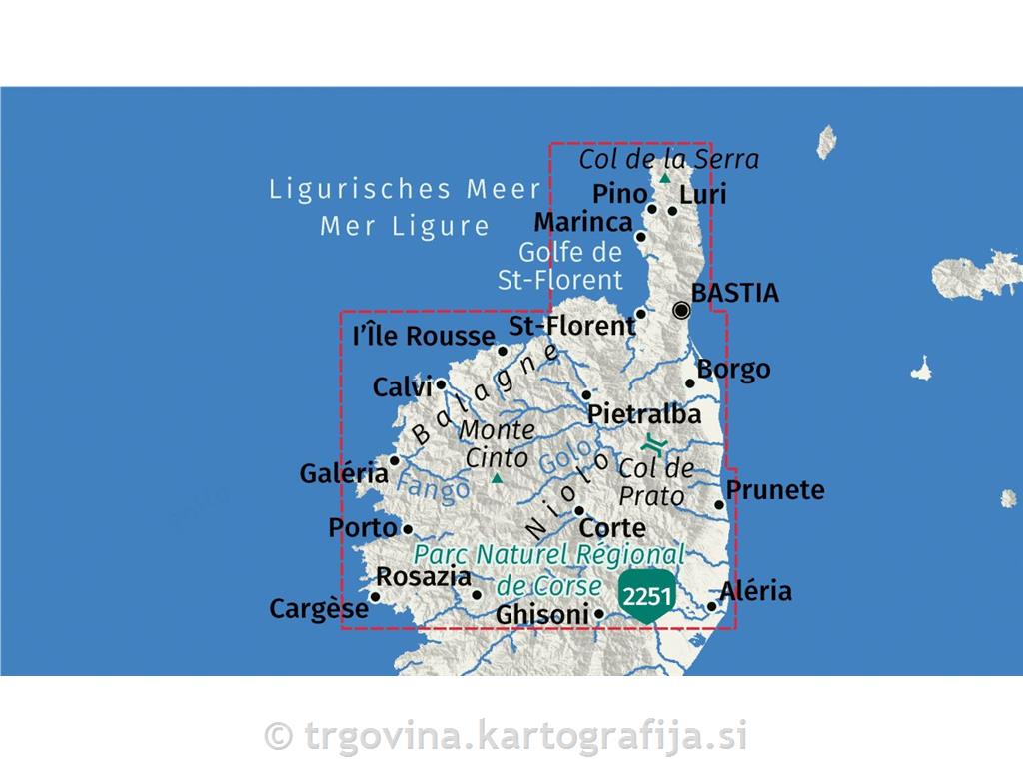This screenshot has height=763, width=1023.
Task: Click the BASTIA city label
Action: [x=734, y=294]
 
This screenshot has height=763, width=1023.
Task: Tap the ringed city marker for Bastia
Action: [x=681, y=311]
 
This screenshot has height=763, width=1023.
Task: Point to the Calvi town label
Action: [x=402, y=387]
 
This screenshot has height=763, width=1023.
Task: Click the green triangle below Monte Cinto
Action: [x=497, y=478]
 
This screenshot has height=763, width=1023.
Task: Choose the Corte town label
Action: [x=612, y=527]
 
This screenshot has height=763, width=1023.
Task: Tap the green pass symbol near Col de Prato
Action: [x=654, y=445]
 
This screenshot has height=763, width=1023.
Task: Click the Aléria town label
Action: [x=755, y=591]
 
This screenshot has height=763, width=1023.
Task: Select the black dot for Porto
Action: [x=408, y=529]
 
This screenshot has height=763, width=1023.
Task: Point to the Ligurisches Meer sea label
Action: [x=405, y=189]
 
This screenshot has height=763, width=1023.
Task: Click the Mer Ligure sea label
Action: [x=405, y=226]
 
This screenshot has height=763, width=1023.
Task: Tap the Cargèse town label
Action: [x=319, y=609]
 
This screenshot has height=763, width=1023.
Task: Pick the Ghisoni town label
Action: [x=542, y=615]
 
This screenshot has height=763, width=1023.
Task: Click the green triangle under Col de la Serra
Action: [x=664, y=178]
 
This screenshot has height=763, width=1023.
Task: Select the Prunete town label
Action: [x=775, y=490]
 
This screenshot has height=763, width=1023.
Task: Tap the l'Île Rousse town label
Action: [x=424, y=337]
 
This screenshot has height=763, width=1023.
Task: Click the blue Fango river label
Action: [x=433, y=489]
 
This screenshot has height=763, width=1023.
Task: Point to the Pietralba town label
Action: [x=644, y=413]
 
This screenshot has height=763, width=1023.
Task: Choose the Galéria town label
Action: [x=344, y=474]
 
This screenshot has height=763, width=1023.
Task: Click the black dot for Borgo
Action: [x=689, y=382]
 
